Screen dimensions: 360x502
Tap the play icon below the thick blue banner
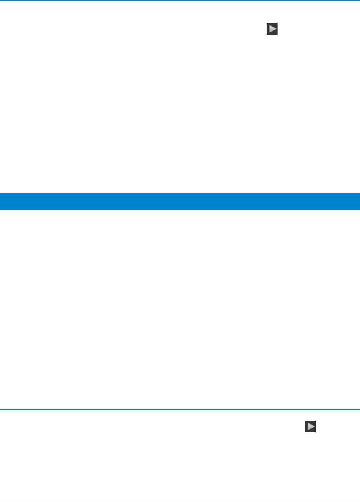click(x=310, y=427)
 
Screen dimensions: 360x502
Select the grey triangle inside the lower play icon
click(x=311, y=427)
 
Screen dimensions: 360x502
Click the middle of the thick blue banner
click(x=180, y=201)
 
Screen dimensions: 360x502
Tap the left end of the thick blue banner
click(x=2, y=201)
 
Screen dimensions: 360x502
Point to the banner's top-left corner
click(x=0, y=193)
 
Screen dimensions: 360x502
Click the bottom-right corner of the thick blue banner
click(x=359, y=209)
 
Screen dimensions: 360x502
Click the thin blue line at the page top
click(x=180, y=1)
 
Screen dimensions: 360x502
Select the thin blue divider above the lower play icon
click(x=180, y=410)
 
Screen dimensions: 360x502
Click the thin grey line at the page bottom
click(x=180, y=501)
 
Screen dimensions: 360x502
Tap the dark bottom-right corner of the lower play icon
click(x=315, y=431)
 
